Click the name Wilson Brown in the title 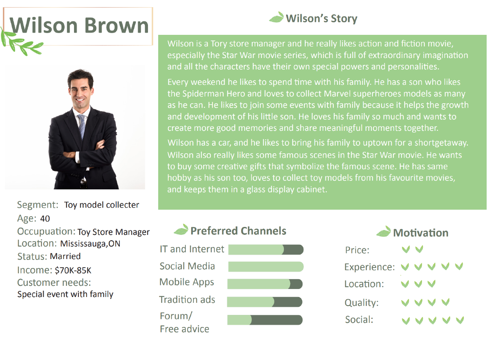coord(79,25)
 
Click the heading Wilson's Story coord(321,18)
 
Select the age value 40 coord(45,218)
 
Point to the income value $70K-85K coord(73,270)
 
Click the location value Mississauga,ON coord(90,243)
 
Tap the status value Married coord(65,256)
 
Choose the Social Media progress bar coord(266,267)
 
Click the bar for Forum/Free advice coord(265,320)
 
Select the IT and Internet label coord(192,249)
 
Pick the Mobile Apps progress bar coord(265,284)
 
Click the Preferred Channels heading coord(238,231)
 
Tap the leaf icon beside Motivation coord(384,231)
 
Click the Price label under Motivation coord(357,250)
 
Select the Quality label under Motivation coord(361,302)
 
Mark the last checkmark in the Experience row coord(459,266)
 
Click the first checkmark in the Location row coord(405,284)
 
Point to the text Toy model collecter coord(102,205)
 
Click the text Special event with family coord(65,294)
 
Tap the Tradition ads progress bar coord(264,302)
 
